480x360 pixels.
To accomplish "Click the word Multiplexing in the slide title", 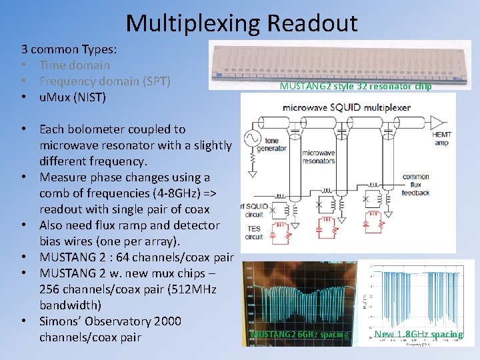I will click(193, 23).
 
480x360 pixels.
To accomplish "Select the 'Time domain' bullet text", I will click(75, 65).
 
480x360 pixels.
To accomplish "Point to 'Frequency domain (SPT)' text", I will click(105, 81).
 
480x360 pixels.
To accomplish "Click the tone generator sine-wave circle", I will click(253, 137).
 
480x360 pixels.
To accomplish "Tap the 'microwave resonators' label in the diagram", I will click(319, 157).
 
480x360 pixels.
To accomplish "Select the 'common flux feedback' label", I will click(416, 185).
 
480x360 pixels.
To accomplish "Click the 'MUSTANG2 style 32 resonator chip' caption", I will click(355, 86).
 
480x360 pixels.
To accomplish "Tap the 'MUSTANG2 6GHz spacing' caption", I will click(300, 334).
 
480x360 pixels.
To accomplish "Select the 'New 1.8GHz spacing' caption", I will click(419, 334).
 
